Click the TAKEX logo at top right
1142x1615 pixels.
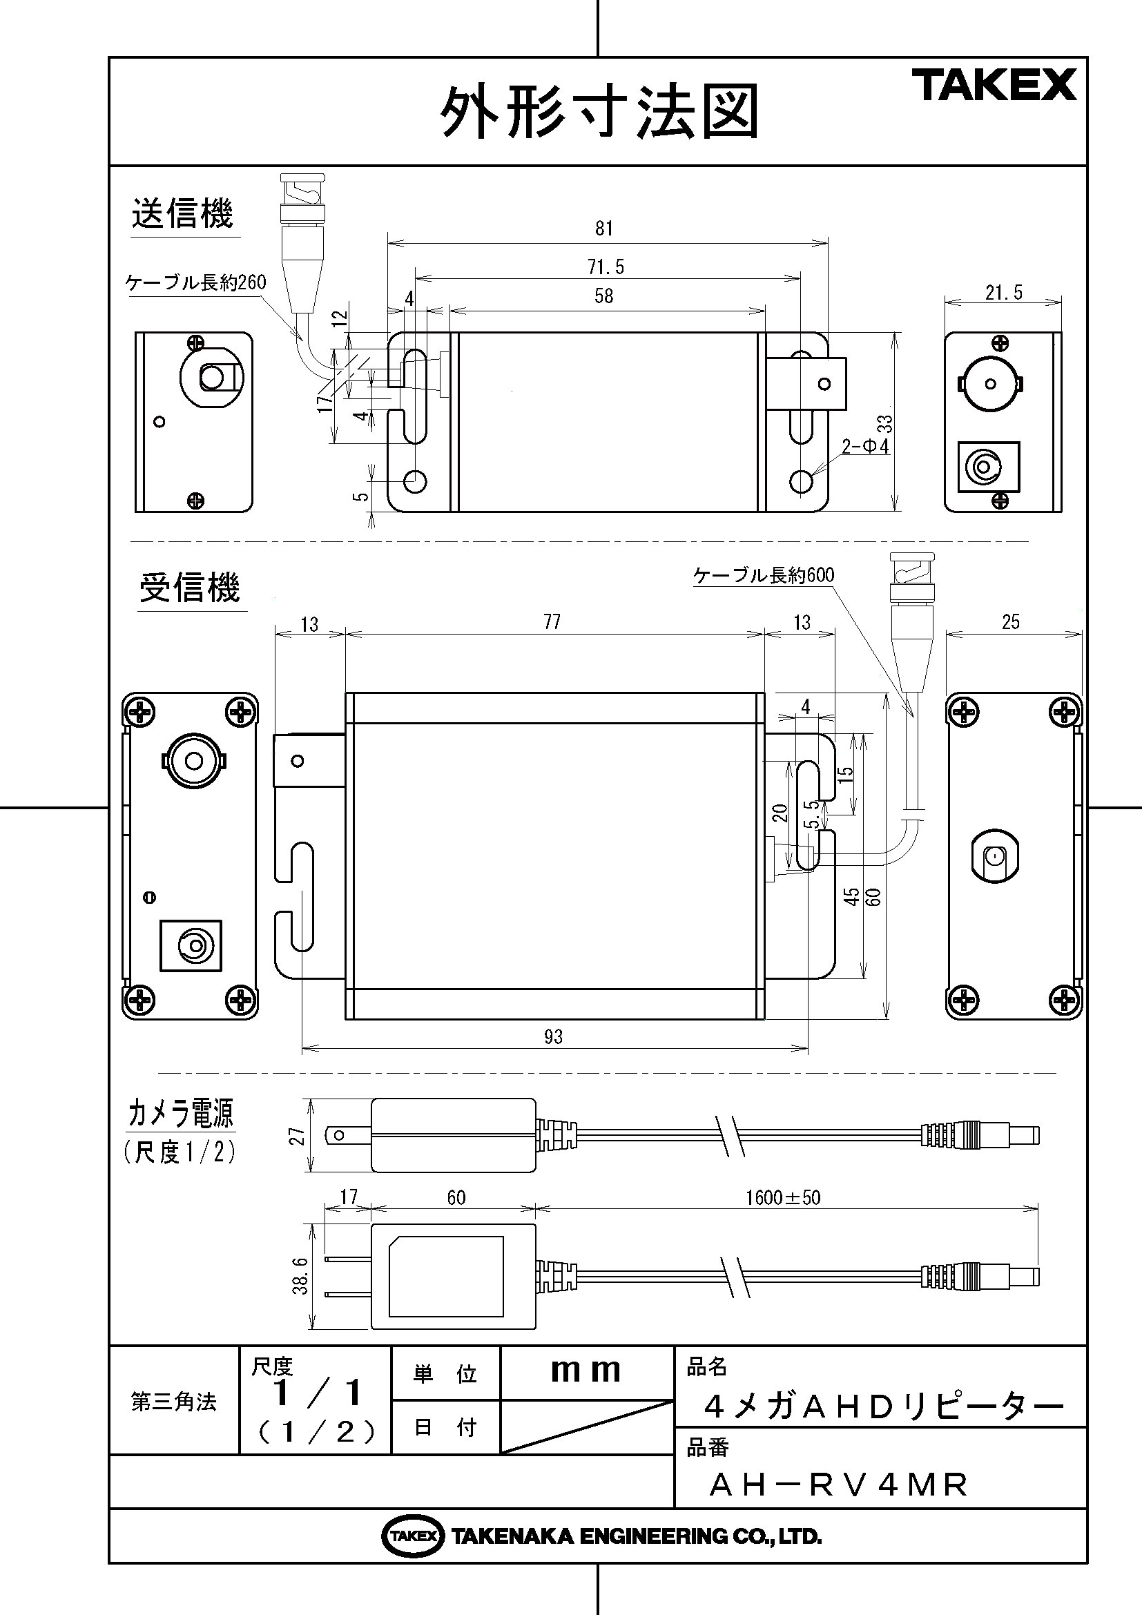(994, 85)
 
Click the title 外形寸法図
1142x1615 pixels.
(600, 113)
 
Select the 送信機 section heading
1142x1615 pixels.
(182, 213)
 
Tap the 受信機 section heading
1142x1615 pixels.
(190, 588)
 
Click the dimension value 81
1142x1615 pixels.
(604, 229)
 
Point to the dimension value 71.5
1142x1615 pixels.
(606, 267)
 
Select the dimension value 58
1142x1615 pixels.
(604, 296)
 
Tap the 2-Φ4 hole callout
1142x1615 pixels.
(866, 446)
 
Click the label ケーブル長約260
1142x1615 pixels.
(196, 283)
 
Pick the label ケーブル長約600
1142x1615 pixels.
(764, 575)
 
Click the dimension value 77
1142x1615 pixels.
(552, 622)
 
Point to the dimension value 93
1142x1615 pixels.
(554, 1037)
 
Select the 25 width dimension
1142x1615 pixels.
(1011, 622)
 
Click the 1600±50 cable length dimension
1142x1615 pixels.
(783, 1198)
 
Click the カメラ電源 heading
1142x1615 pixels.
(180, 1113)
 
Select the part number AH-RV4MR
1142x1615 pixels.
(839, 1485)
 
